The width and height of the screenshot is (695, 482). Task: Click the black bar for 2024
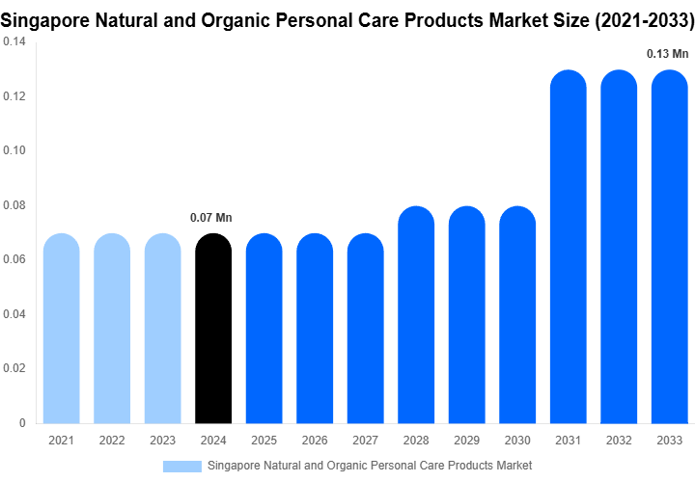213,329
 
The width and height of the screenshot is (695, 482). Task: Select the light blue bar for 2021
62,329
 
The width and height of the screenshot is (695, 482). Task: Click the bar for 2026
315,329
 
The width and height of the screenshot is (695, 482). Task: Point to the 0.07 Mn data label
210,218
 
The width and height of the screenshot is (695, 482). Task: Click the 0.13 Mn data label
668,54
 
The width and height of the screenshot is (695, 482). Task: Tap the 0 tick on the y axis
22,422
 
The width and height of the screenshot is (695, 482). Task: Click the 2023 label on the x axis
162,441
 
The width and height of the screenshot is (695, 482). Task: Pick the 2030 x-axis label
517,441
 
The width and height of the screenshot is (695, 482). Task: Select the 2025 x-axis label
264,441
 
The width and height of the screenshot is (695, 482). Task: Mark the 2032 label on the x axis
619,441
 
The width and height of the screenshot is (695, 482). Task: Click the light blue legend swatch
182,466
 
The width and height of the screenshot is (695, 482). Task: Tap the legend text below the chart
370,466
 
